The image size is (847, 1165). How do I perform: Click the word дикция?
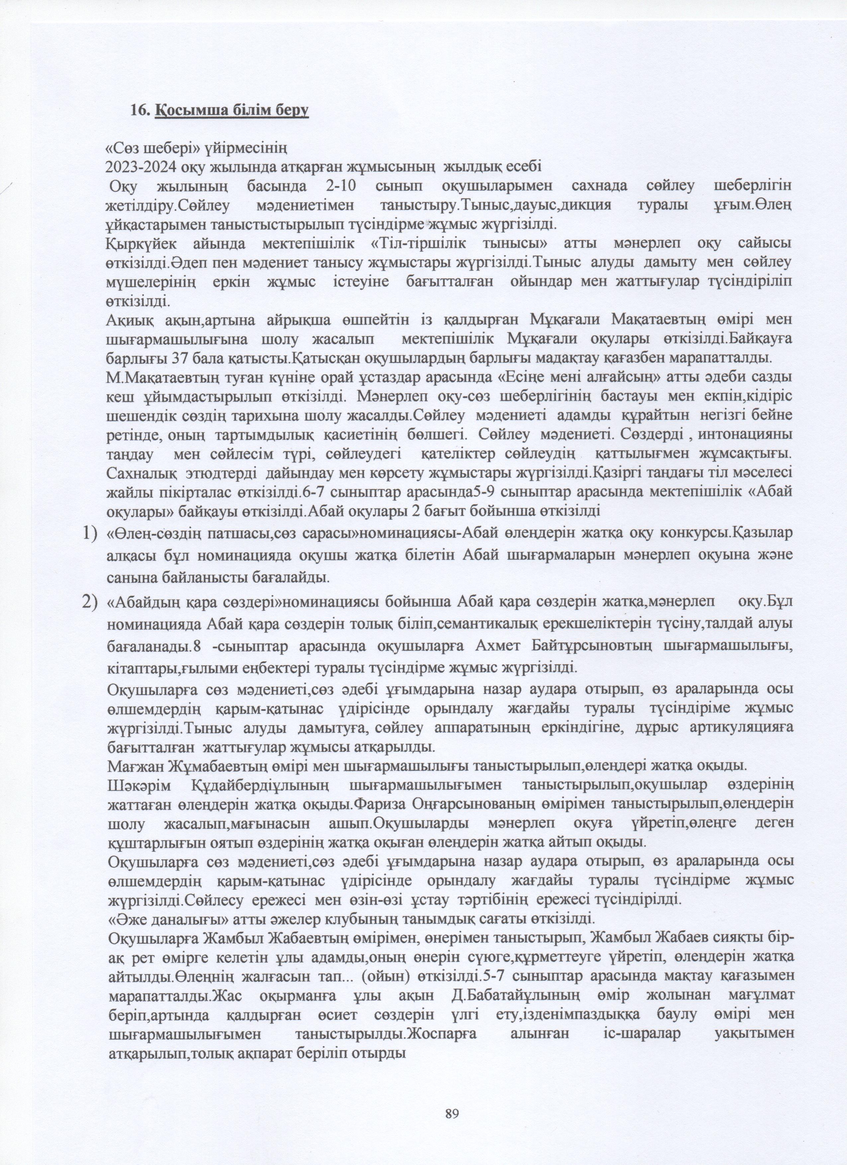click(x=588, y=204)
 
